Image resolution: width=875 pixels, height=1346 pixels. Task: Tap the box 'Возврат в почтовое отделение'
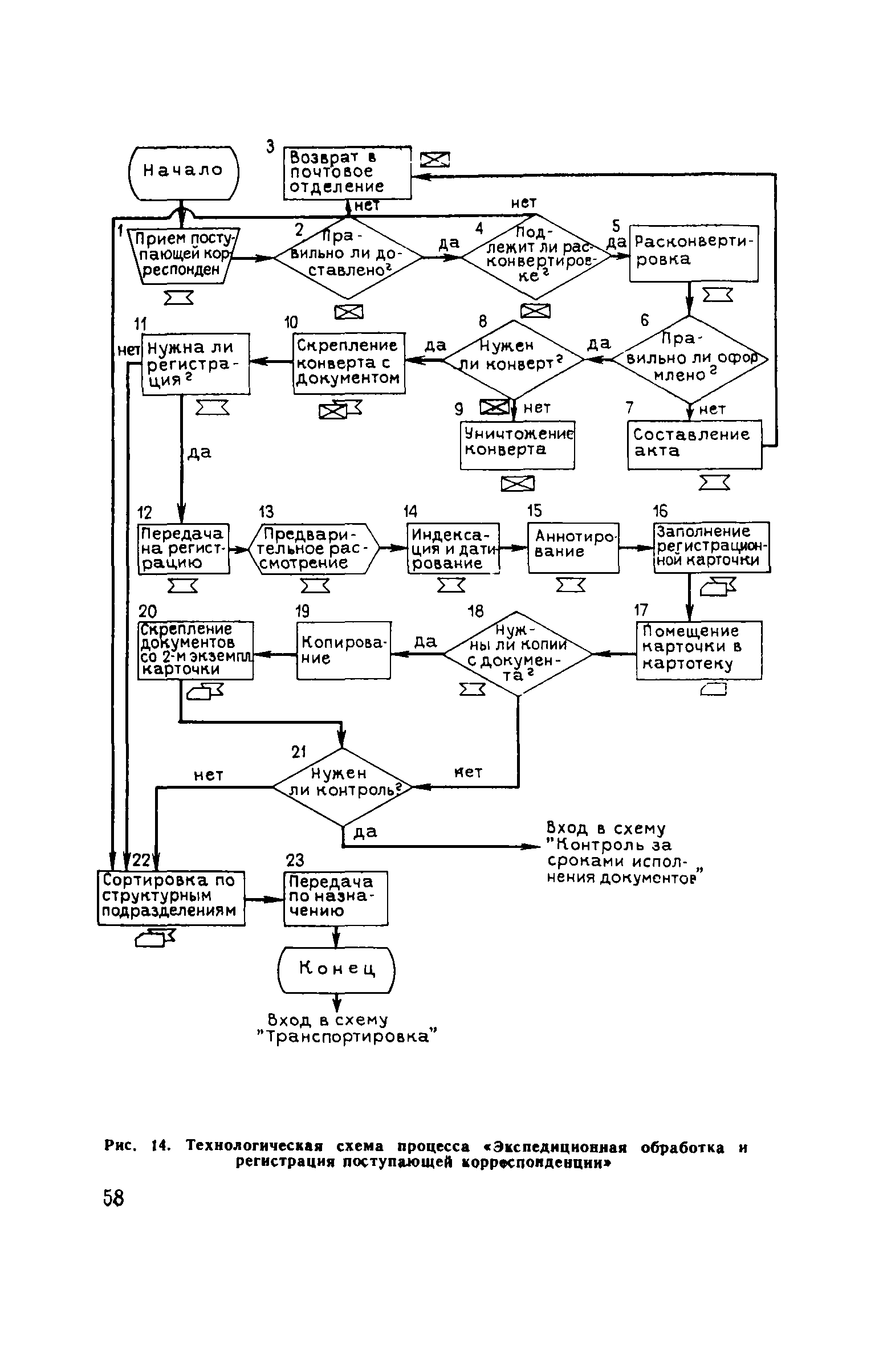click(x=347, y=172)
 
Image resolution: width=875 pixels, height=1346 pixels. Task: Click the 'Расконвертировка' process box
click(x=693, y=253)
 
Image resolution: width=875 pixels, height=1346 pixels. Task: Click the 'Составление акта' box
click(x=694, y=444)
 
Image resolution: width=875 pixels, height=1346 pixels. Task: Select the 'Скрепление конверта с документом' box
click(x=349, y=363)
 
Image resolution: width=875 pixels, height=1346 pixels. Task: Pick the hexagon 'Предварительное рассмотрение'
click(x=314, y=548)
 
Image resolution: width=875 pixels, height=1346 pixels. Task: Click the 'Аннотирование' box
click(x=572, y=548)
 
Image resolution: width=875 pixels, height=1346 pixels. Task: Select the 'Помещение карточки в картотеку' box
click(x=698, y=649)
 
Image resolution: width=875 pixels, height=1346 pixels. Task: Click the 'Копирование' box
click(x=344, y=650)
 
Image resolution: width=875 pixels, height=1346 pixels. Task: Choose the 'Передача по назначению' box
click(x=335, y=899)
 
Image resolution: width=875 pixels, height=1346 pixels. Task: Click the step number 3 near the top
click(x=270, y=147)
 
